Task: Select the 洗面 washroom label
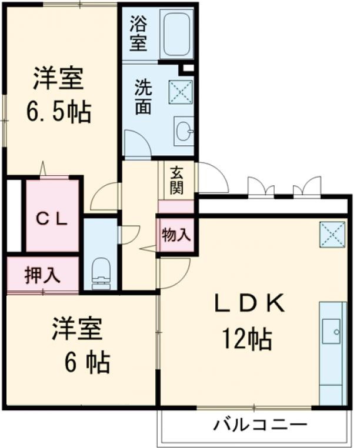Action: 144,96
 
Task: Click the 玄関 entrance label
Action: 176,179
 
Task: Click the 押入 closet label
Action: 42,275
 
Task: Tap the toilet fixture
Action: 102,272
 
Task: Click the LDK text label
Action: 249,304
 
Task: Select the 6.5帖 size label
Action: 58,111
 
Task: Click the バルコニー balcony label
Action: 259,424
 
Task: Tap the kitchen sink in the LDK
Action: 331,330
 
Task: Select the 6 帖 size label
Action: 86,363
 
